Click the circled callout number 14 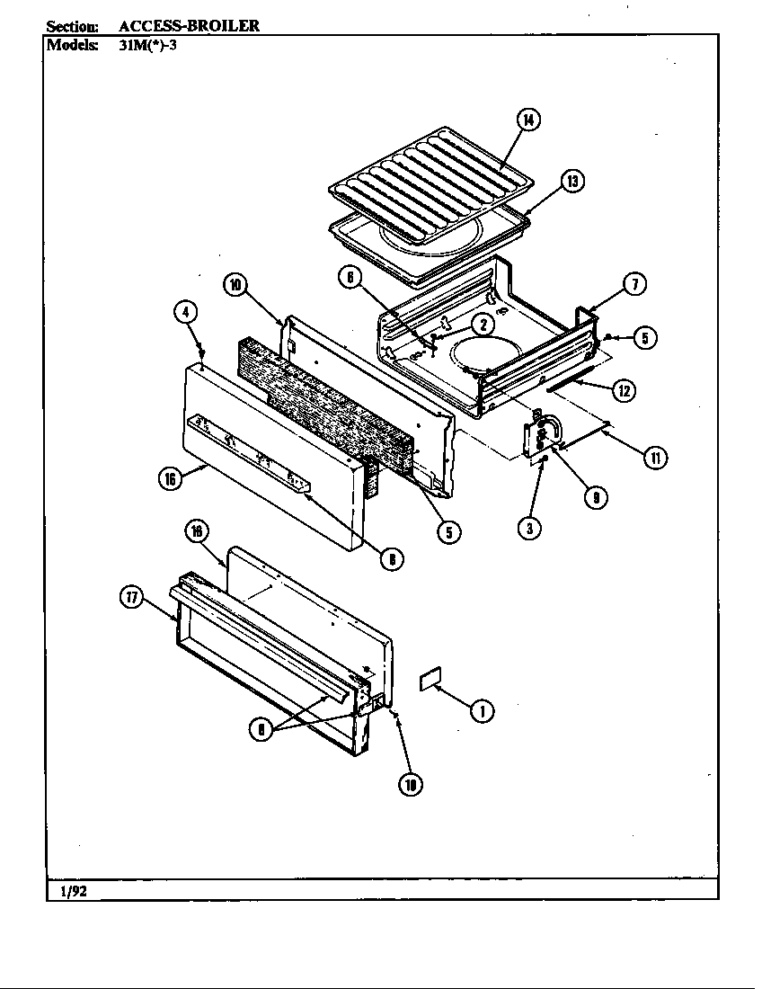(x=529, y=120)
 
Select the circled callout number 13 (x=571, y=182)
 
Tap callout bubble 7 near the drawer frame (x=633, y=284)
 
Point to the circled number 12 (x=624, y=390)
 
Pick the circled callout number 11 (x=655, y=458)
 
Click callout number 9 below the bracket (x=594, y=494)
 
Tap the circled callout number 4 (x=185, y=313)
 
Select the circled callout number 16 (x=169, y=478)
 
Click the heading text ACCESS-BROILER (x=189, y=26)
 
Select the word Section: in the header (x=72, y=26)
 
